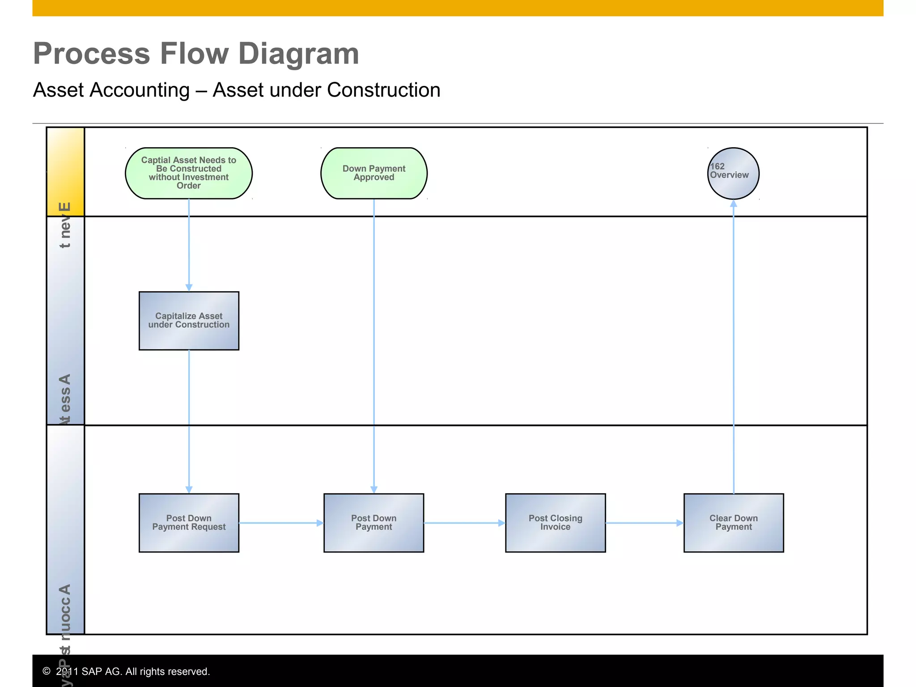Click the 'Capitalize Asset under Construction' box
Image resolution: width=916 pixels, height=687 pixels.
[189, 321]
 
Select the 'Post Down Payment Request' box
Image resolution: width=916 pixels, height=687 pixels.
[189, 523]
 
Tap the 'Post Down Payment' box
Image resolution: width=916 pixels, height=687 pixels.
[373, 523]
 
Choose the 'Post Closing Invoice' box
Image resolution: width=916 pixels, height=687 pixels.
[555, 523]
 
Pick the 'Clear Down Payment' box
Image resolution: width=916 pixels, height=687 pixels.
[734, 523]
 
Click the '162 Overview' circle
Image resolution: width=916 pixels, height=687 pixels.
[734, 174]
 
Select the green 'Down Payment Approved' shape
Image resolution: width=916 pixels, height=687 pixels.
[374, 173]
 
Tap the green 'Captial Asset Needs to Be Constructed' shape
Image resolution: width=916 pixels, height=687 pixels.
[189, 173]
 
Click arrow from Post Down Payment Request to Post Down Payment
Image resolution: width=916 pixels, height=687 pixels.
[281, 523]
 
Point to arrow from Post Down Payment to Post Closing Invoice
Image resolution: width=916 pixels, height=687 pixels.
[464, 523]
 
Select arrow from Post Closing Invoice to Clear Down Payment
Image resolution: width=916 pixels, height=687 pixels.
[644, 523]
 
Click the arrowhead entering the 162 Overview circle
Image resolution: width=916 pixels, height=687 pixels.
[734, 204]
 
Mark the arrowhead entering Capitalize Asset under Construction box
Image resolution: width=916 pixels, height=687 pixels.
[189, 288]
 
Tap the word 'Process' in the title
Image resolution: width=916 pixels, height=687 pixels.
[91, 54]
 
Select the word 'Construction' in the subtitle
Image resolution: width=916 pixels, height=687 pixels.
[384, 90]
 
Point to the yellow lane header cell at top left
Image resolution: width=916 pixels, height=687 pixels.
[66, 172]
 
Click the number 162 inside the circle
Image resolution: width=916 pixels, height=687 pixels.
[717, 166]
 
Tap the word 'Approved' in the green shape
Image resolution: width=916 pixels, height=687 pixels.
[374, 178]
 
